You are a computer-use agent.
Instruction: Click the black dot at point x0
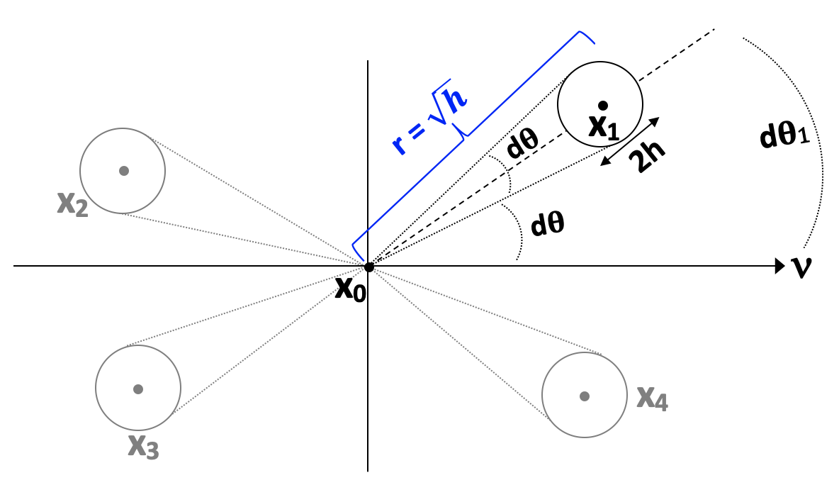click(x=368, y=267)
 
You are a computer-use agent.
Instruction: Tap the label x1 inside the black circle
click(x=604, y=128)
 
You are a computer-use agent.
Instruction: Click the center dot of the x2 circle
click(x=124, y=170)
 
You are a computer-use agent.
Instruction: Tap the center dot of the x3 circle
click(x=138, y=389)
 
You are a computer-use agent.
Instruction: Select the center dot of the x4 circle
click(x=584, y=395)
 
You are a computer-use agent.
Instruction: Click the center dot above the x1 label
click(x=602, y=105)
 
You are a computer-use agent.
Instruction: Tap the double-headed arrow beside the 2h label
click(x=629, y=142)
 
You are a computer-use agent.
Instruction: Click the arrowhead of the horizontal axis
click(x=775, y=267)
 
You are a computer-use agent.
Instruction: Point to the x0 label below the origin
click(x=350, y=289)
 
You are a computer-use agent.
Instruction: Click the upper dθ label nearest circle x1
click(x=522, y=146)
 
